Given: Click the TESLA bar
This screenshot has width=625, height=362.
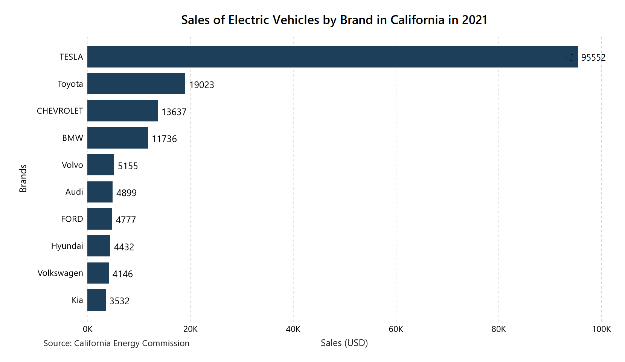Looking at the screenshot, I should tap(332, 57).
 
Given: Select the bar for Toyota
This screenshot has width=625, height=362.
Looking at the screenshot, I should tap(136, 84).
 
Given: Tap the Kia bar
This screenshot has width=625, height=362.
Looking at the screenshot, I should tap(96, 300).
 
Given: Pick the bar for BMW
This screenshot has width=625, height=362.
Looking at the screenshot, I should tap(117, 138).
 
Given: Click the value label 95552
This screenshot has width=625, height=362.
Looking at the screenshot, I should tap(593, 58).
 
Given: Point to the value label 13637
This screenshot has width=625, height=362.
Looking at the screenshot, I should tap(174, 112).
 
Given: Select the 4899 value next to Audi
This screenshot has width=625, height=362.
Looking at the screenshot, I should tap(127, 193).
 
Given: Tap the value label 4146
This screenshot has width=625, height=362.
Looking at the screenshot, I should tap(123, 274).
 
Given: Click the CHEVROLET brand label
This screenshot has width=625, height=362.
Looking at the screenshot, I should tap(60, 111).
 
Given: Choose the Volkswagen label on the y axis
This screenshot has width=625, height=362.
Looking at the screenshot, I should tap(60, 273).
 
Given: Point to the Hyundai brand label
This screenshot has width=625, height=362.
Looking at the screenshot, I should tap(67, 246).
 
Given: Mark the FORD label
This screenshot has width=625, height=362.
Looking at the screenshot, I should tap(72, 219).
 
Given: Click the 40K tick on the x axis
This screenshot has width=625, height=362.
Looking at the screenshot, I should tap(293, 329).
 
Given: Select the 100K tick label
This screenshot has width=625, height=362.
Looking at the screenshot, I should tap(601, 329).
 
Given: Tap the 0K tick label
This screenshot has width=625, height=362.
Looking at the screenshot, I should tap(87, 329).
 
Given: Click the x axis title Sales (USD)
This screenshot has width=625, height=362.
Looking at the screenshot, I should tap(344, 343).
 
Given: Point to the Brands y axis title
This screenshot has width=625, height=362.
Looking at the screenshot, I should tap(23, 178).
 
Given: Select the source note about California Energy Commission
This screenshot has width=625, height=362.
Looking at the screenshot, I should tap(116, 343).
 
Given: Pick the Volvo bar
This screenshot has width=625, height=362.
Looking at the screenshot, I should tap(101, 165).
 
